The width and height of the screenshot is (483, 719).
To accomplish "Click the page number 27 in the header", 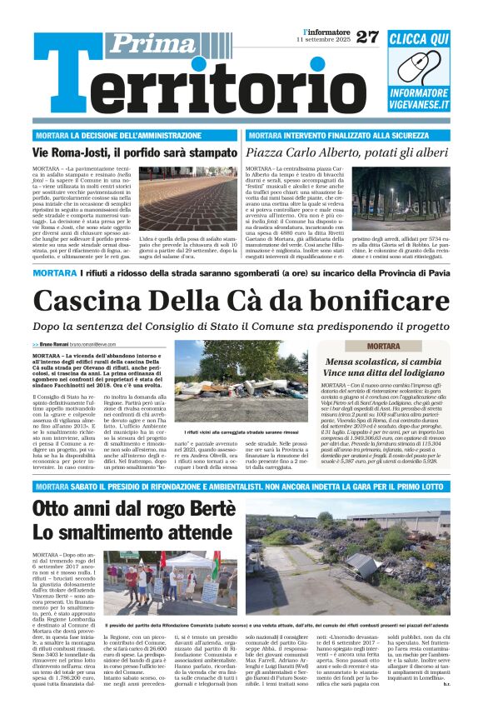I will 366,37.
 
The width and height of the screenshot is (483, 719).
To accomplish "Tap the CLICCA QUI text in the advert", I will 419,39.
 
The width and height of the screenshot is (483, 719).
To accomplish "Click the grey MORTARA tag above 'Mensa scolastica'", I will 383,346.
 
